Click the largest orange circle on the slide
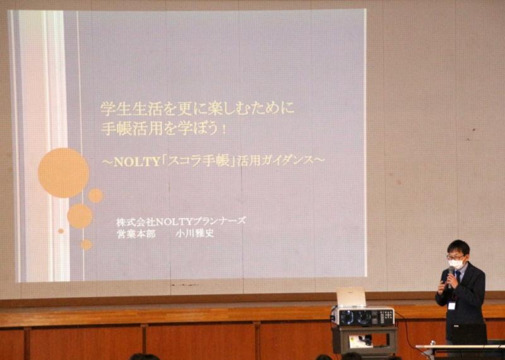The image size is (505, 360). click(64, 173)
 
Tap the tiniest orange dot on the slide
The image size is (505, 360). click(61, 231)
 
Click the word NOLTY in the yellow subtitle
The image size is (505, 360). click(137, 162)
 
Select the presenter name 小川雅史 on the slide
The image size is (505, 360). click(195, 234)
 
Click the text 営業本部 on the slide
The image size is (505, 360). click(136, 234)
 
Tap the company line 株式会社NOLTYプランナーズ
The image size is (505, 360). click(181, 222)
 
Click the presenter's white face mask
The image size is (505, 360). click(456, 264)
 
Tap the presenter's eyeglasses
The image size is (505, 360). click(454, 257)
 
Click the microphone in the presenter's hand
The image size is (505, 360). click(451, 275)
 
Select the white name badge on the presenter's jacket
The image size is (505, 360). click(452, 305)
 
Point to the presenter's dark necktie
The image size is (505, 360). click(458, 278)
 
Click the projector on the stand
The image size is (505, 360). click(362, 316)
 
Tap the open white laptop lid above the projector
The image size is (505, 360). click(351, 297)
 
